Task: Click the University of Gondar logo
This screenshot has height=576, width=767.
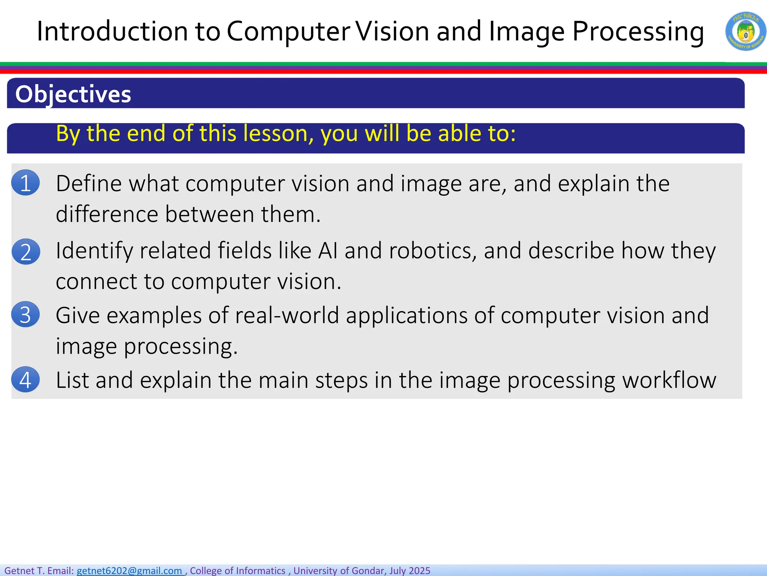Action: point(746,31)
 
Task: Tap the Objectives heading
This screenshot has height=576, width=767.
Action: point(73,94)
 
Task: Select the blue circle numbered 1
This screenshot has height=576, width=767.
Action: point(25,183)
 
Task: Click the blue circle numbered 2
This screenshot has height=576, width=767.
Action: point(25,252)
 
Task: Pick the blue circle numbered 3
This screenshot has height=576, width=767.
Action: point(25,315)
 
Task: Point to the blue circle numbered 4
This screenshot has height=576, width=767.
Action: point(25,379)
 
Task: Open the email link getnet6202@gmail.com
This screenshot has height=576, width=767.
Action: point(129,570)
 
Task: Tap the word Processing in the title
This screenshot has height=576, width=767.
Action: point(638,31)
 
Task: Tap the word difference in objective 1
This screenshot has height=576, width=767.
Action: point(107,214)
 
